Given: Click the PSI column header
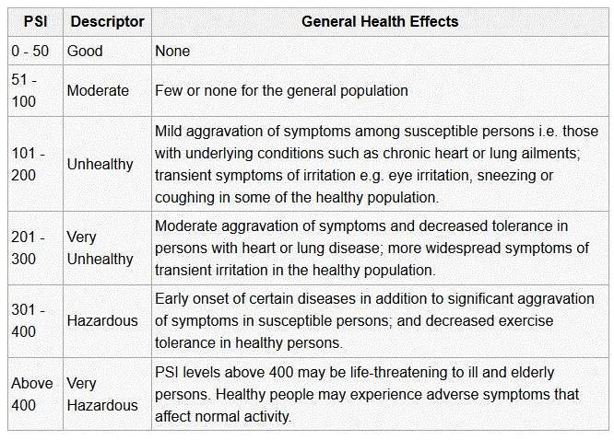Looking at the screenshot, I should point(34,21).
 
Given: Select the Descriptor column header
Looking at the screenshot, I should point(107,21).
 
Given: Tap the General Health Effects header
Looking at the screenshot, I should point(379,21).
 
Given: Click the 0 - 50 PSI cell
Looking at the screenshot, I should point(30,52).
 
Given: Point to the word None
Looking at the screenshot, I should point(172,52).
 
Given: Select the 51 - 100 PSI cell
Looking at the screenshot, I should point(25,91).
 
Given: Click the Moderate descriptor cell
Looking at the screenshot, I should point(98,91).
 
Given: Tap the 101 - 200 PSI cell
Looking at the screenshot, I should point(29,164).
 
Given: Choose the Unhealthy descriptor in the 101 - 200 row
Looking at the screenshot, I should point(100,164).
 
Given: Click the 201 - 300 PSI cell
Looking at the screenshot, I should point(29,248).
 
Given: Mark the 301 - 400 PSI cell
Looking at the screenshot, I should point(29,321).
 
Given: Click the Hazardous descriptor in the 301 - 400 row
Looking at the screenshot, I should point(102,321).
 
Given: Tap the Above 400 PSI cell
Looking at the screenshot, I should point(32,394).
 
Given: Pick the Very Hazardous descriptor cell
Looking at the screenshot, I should point(102,394).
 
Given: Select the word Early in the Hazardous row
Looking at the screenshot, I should point(172,298).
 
